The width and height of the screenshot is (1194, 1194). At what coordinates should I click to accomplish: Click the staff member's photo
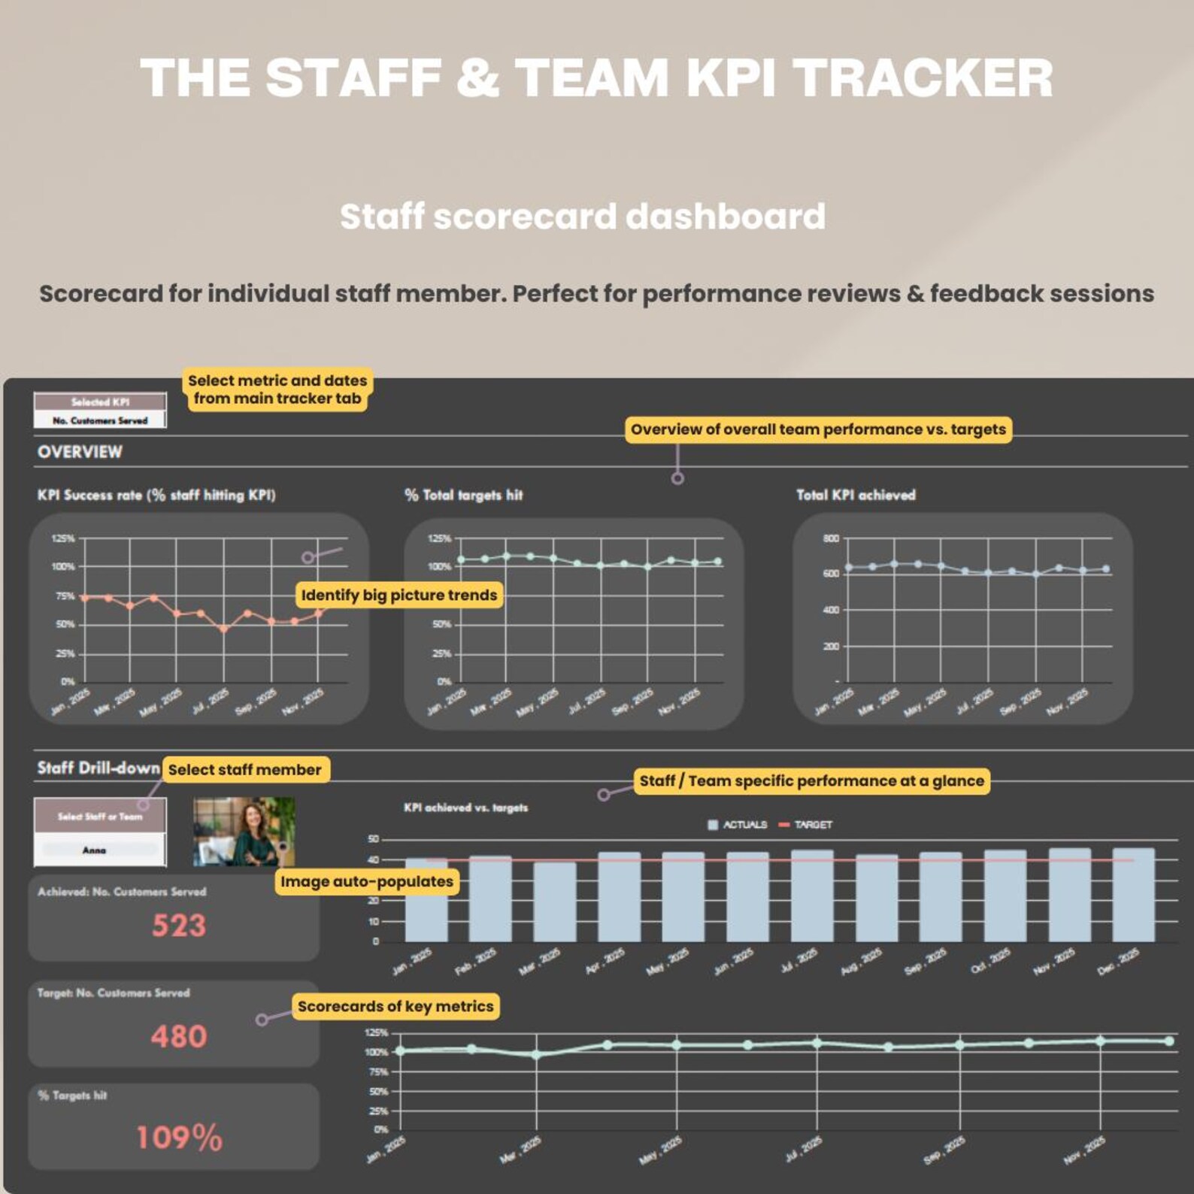[x=244, y=832]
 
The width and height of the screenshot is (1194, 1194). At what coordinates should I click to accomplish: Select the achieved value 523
[x=178, y=926]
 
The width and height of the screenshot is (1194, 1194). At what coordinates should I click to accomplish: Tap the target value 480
[x=178, y=1037]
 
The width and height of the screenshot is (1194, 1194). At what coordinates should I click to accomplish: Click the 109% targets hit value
[x=179, y=1138]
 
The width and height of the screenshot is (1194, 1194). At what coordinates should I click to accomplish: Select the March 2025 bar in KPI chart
[x=554, y=902]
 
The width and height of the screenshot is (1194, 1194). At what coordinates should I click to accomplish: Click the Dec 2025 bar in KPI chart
[x=1133, y=895]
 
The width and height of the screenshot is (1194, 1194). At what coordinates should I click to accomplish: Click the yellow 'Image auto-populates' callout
[x=367, y=881]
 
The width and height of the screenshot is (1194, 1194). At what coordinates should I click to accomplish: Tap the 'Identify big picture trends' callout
[x=399, y=595]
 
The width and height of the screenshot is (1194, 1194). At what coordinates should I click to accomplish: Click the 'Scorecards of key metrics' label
[x=395, y=1006]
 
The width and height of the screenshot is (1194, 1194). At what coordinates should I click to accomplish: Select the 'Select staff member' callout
[x=245, y=769]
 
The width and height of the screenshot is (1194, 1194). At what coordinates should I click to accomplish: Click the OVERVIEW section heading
[x=80, y=452]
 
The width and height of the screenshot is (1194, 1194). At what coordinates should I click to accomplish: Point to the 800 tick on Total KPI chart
[x=830, y=538]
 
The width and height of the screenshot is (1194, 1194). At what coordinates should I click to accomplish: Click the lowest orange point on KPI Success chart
[x=223, y=629]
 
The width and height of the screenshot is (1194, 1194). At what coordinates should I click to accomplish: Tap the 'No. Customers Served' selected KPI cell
[x=100, y=420]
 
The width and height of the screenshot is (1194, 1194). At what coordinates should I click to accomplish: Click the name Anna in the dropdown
[x=94, y=850]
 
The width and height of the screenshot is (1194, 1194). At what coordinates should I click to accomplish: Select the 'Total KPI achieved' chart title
[x=856, y=495]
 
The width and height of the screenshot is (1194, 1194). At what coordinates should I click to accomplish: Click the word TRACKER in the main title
[x=923, y=78]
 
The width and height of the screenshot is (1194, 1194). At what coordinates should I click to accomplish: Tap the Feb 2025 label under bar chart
[x=476, y=962]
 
